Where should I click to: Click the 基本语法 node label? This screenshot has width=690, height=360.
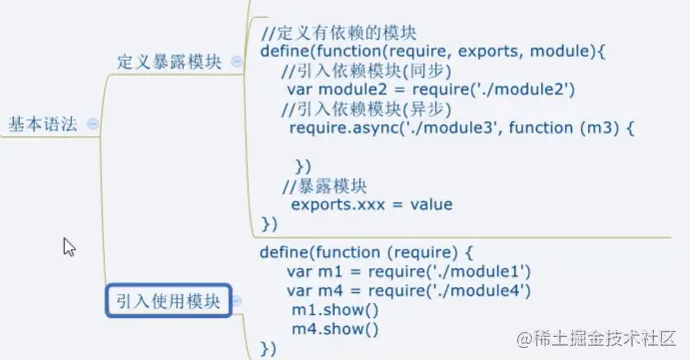click(x=43, y=125)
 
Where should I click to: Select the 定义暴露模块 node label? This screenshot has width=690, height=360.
click(x=169, y=62)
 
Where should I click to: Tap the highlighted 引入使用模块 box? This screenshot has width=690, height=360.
click(x=169, y=301)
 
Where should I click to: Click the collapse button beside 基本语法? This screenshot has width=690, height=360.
click(x=92, y=124)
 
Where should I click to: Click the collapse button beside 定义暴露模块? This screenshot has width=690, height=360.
click(x=236, y=62)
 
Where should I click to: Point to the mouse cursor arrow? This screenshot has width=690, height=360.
click(x=69, y=247)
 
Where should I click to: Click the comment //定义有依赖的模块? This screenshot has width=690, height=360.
click(x=338, y=33)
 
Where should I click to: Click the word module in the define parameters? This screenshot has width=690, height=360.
click(x=559, y=51)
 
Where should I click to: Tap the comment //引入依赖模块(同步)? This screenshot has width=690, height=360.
click(x=366, y=71)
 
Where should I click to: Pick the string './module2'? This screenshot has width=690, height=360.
click(x=523, y=90)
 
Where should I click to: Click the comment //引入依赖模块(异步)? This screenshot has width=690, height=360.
click(x=366, y=109)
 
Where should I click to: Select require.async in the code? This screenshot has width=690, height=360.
click(x=343, y=128)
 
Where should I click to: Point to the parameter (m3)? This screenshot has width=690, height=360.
click(x=599, y=128)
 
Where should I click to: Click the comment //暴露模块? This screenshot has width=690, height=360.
click(x=324, y=186)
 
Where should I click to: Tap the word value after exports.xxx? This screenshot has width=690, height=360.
click(x=431, y=205)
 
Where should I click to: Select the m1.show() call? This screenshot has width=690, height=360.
click(x=335, y=310)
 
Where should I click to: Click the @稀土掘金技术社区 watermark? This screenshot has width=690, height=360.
click(x=596, y=338)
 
